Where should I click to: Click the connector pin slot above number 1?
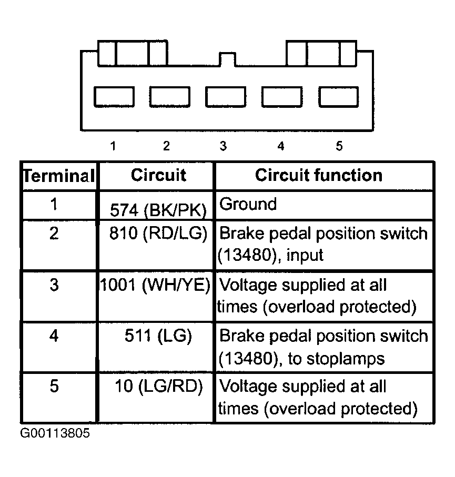tap(114, 97)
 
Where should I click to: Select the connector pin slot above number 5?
tap(339, 97)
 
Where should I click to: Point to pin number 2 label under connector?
tap(167, 146)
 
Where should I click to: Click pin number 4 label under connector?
tap(280, 146)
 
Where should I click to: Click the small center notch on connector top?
tap(227, 58)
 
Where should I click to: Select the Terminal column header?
tap(58, 176)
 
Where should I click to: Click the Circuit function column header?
tap(319, 175)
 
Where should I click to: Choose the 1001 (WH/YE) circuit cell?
tap(156, 286)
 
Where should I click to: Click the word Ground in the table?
tap(247, 204)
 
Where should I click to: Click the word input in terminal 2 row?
tap(305, 256)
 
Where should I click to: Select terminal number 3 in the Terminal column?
tap(54, 286)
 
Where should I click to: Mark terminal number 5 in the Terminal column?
tap(54, 387)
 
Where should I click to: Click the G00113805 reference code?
tap(55, 434)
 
